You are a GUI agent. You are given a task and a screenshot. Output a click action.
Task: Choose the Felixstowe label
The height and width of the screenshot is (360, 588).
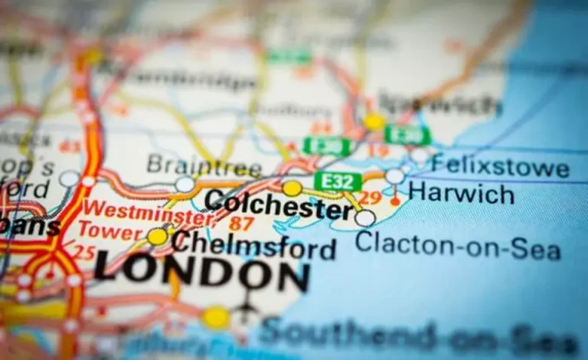pos(499,165)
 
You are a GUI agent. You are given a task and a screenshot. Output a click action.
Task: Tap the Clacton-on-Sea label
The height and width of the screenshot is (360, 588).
pos(457,245)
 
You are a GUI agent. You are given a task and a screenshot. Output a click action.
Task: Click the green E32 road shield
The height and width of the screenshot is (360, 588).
pos(338,182)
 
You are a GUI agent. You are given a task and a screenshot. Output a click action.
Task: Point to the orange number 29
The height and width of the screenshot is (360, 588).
pos(370,198)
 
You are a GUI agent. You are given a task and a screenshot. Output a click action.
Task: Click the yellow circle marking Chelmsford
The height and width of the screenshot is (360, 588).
pos(158,237)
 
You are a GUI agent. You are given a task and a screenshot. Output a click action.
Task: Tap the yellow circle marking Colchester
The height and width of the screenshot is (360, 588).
pos(292,188)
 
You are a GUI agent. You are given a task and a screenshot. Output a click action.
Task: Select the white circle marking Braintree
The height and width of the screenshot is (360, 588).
pos(185,184)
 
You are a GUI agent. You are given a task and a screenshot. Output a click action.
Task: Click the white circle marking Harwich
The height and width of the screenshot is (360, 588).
pos(394,176)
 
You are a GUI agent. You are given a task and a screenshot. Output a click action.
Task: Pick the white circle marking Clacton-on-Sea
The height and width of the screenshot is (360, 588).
pos(365,218)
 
